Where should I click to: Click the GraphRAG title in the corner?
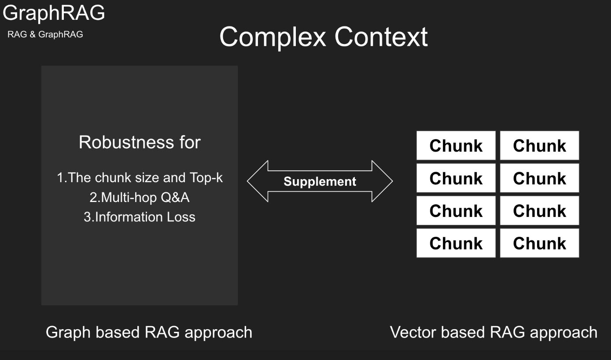coord(54,13)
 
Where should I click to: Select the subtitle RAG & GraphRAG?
coord(45,34)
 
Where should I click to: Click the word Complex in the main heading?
coord(273,37)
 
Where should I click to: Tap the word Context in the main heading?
coord(381,37)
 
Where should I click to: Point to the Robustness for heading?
coord(140,142)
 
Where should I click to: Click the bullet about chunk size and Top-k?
coord(140,177)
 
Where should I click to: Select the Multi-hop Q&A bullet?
coord(140,198)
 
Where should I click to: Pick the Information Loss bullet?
coord(140,217)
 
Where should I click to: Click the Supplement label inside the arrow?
coord(320,182)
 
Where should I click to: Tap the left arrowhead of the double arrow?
coord(258,181)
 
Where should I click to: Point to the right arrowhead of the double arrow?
coord(382,181)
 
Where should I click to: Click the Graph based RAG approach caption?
coord(149,332)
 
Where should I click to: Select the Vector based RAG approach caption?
coord(494,332)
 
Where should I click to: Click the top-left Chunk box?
coord(456,145)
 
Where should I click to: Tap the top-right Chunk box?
coord(540,145)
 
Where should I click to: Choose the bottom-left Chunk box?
coord(456,243)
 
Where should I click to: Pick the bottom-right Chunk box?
coord(540,243)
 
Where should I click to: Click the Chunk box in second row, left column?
coord(456,178)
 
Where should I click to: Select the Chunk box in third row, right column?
coord(540,210)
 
